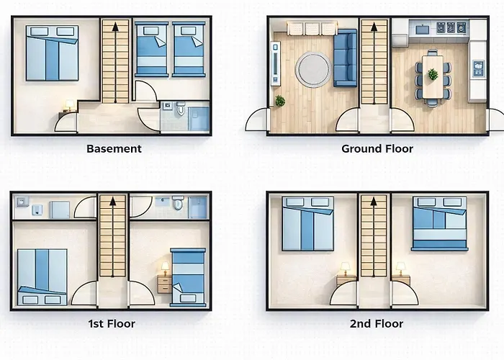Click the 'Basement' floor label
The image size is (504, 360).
[x=114, y=149]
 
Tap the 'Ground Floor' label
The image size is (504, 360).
[x=377, y=149]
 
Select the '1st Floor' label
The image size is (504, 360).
[x=111, y=324]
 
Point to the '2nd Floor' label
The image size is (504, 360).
[x=376, y=324]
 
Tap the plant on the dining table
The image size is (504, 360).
[x=433, y=74]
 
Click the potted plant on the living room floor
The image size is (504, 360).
[x=279, y=102]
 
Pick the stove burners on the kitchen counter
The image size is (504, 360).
[x=455, y=28]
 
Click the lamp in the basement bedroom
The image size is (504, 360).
[x=68, y=107]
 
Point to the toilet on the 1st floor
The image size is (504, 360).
[x=178, y=203]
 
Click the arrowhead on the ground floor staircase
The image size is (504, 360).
[x=373, y=27]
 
